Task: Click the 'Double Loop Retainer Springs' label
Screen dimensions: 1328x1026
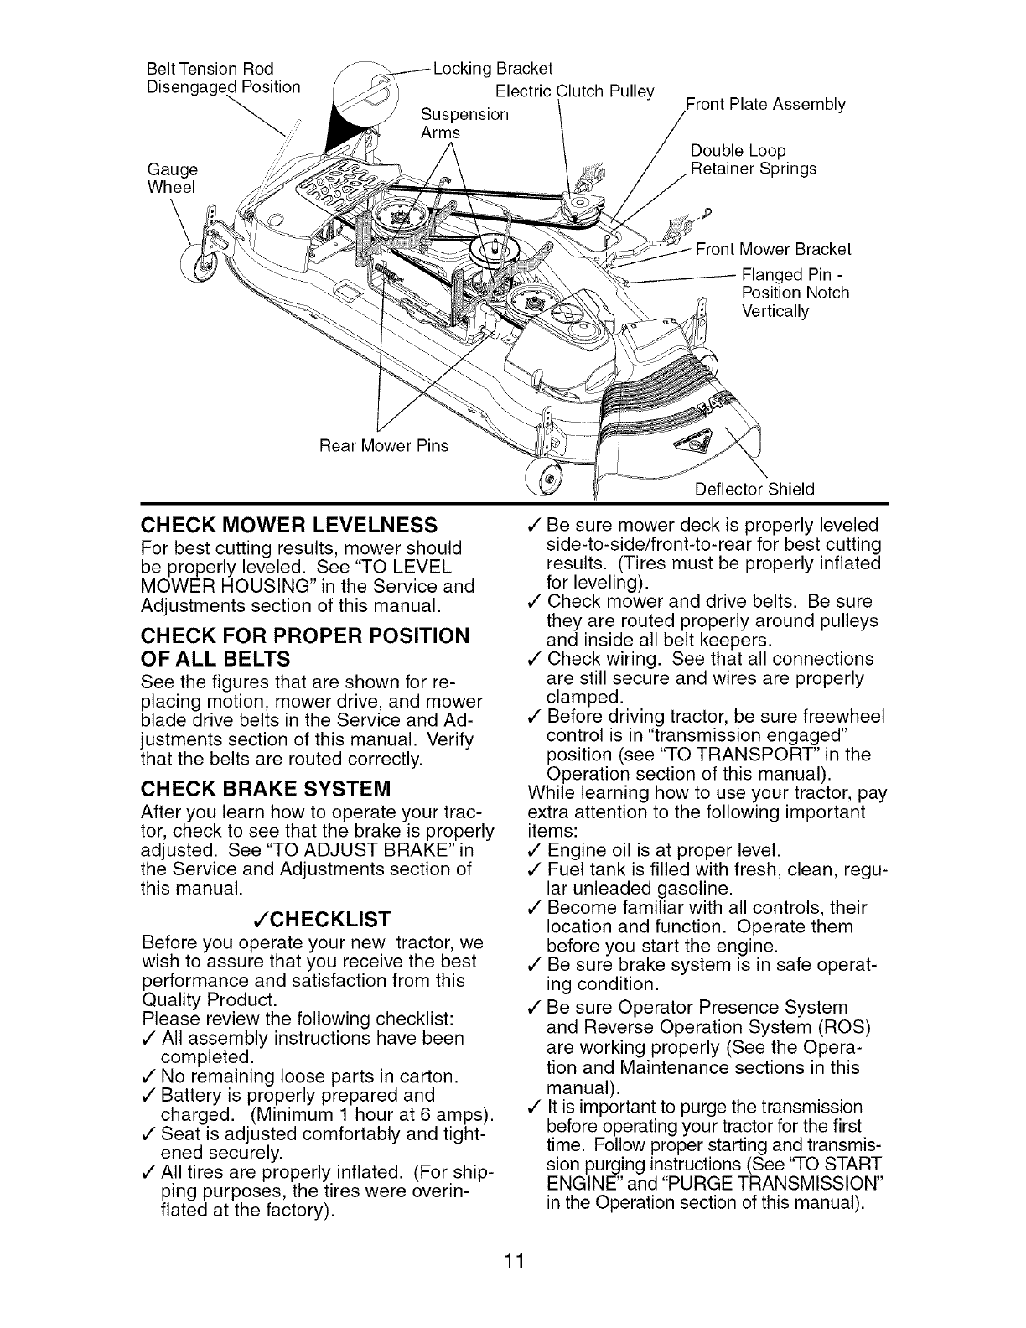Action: pyautogui.click(x=752, y=160)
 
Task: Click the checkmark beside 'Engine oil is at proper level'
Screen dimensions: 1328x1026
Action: pyautogui.click(x=534, y=848)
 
